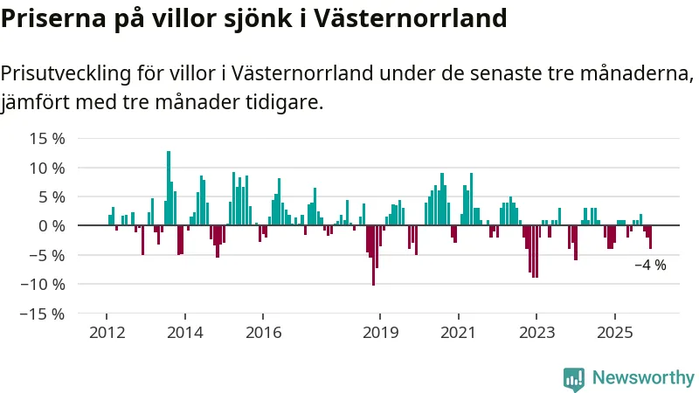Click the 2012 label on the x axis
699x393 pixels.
pos(107,332)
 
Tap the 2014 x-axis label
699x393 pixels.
pos(185,332)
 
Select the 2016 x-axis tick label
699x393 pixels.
pos(264,332)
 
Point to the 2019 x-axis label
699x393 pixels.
pos(380,332)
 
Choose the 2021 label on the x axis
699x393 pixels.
pos(458,332)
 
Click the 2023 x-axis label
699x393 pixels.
pos(536,332)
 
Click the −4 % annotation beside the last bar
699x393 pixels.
pos(650,265)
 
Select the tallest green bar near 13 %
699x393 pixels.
pos(169,188)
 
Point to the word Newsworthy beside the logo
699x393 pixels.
pos(643,378)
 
